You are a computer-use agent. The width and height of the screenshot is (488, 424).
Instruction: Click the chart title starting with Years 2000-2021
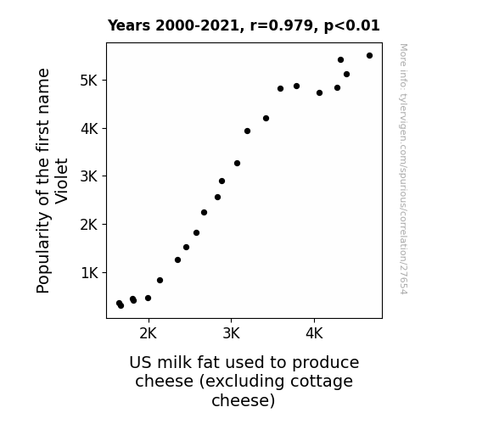[x=244, y=25]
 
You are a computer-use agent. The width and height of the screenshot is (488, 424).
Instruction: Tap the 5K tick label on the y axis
[x=89, y=81]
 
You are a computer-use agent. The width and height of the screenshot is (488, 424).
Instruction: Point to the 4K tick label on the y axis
[x=89, y=129]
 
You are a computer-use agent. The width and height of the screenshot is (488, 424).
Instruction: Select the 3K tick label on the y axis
[x=89, y=176]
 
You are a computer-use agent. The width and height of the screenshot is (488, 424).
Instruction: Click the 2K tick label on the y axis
[x=89, y=224]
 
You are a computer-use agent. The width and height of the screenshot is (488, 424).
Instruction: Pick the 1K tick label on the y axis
[x=89, y=273]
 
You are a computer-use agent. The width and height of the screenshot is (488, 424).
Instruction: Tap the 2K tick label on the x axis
[x=149, y=333]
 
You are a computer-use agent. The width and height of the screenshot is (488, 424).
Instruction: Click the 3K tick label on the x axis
[x=231, y=333]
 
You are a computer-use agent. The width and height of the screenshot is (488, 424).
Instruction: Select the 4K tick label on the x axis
[x=314, y=333]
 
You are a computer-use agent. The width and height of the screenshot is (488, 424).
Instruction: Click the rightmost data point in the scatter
[x=369, y=56]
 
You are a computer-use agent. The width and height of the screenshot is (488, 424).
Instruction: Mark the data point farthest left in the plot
[x=119, y=303]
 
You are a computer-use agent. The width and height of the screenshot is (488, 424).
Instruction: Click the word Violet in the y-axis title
[x=61, y=181]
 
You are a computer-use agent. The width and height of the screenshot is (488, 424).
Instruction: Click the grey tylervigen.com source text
[x=404, y=169]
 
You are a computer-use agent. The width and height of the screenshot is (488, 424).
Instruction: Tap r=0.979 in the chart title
[x=282, y=25]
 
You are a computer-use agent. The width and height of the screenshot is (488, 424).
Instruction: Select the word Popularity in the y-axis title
[x=43, y=253]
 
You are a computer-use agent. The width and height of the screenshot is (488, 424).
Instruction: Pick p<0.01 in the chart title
[x=351, y=25]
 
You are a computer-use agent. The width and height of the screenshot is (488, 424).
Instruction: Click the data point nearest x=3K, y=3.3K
[x=237, y=164]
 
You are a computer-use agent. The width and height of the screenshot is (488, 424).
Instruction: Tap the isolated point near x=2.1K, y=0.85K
[x=160, y=281]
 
